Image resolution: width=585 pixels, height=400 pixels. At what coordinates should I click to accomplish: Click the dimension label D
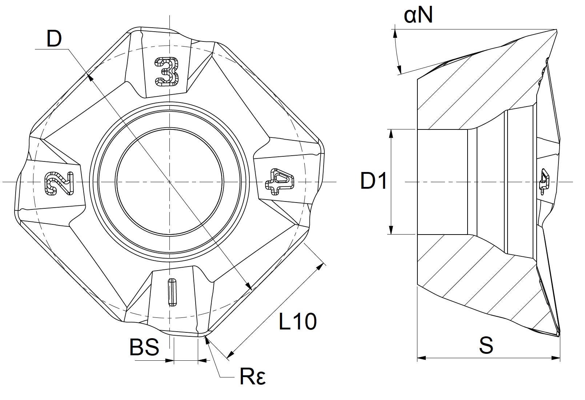point(54,39)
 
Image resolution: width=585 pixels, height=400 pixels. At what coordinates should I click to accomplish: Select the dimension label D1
point(374,181)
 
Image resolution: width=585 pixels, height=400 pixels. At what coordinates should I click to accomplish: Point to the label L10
point(298,321)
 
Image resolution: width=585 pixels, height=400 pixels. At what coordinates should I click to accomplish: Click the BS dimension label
point(144,347)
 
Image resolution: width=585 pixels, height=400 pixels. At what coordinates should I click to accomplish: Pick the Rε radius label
point(253,377)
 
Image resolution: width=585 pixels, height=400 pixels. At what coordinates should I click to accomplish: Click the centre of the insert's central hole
point(169,181)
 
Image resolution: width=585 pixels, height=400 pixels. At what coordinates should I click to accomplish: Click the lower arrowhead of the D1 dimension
point(391,230)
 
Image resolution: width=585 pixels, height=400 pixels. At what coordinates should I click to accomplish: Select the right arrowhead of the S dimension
point(556,358)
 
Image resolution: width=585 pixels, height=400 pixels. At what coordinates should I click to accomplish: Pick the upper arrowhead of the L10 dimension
point(320,267)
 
